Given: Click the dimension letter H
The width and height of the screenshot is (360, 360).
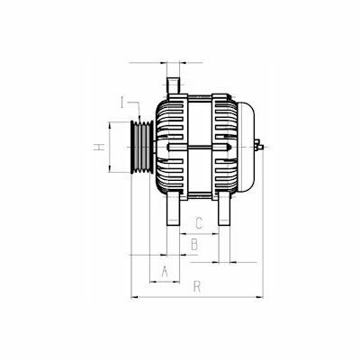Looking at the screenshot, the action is pos(99,147).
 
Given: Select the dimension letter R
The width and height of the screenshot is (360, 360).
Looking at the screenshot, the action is pos(197,286).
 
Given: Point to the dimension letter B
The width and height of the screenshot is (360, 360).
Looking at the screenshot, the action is pos(194,245).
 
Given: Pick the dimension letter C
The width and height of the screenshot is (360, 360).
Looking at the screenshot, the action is pos(199,223).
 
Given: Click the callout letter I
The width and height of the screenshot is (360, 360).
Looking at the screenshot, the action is pos(122,103).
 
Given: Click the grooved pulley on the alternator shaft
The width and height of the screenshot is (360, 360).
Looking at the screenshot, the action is pos(142,147).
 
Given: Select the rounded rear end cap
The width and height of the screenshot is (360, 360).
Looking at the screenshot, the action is pos(247,147).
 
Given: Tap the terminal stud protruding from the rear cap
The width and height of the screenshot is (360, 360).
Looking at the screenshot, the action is pos(259,147).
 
